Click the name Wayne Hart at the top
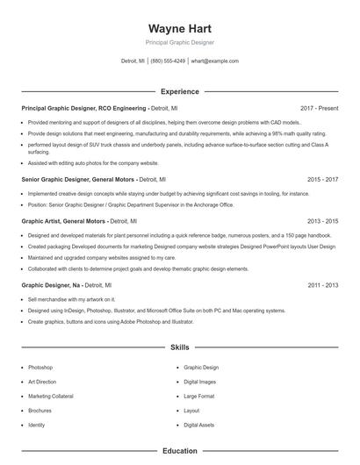[x=179, y=28]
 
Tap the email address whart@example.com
[x=214, y=61]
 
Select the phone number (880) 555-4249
[x=168, y=61]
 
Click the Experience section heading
[x=179, y=91]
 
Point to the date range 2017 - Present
[x=319, y=108]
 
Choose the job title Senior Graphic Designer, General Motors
[x=80, y=178]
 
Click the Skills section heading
[x=179, y=347]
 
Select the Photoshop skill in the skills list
[x=40, y=367]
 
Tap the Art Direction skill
[x=42, y=382]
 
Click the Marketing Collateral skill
[x=50, y=396]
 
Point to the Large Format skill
[x=198, y=396]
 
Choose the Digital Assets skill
[x=198, y=425]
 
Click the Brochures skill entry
[x=40, y=411]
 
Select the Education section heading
[x=179, y=451]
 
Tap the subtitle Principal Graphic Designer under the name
[x=179, y=42]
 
